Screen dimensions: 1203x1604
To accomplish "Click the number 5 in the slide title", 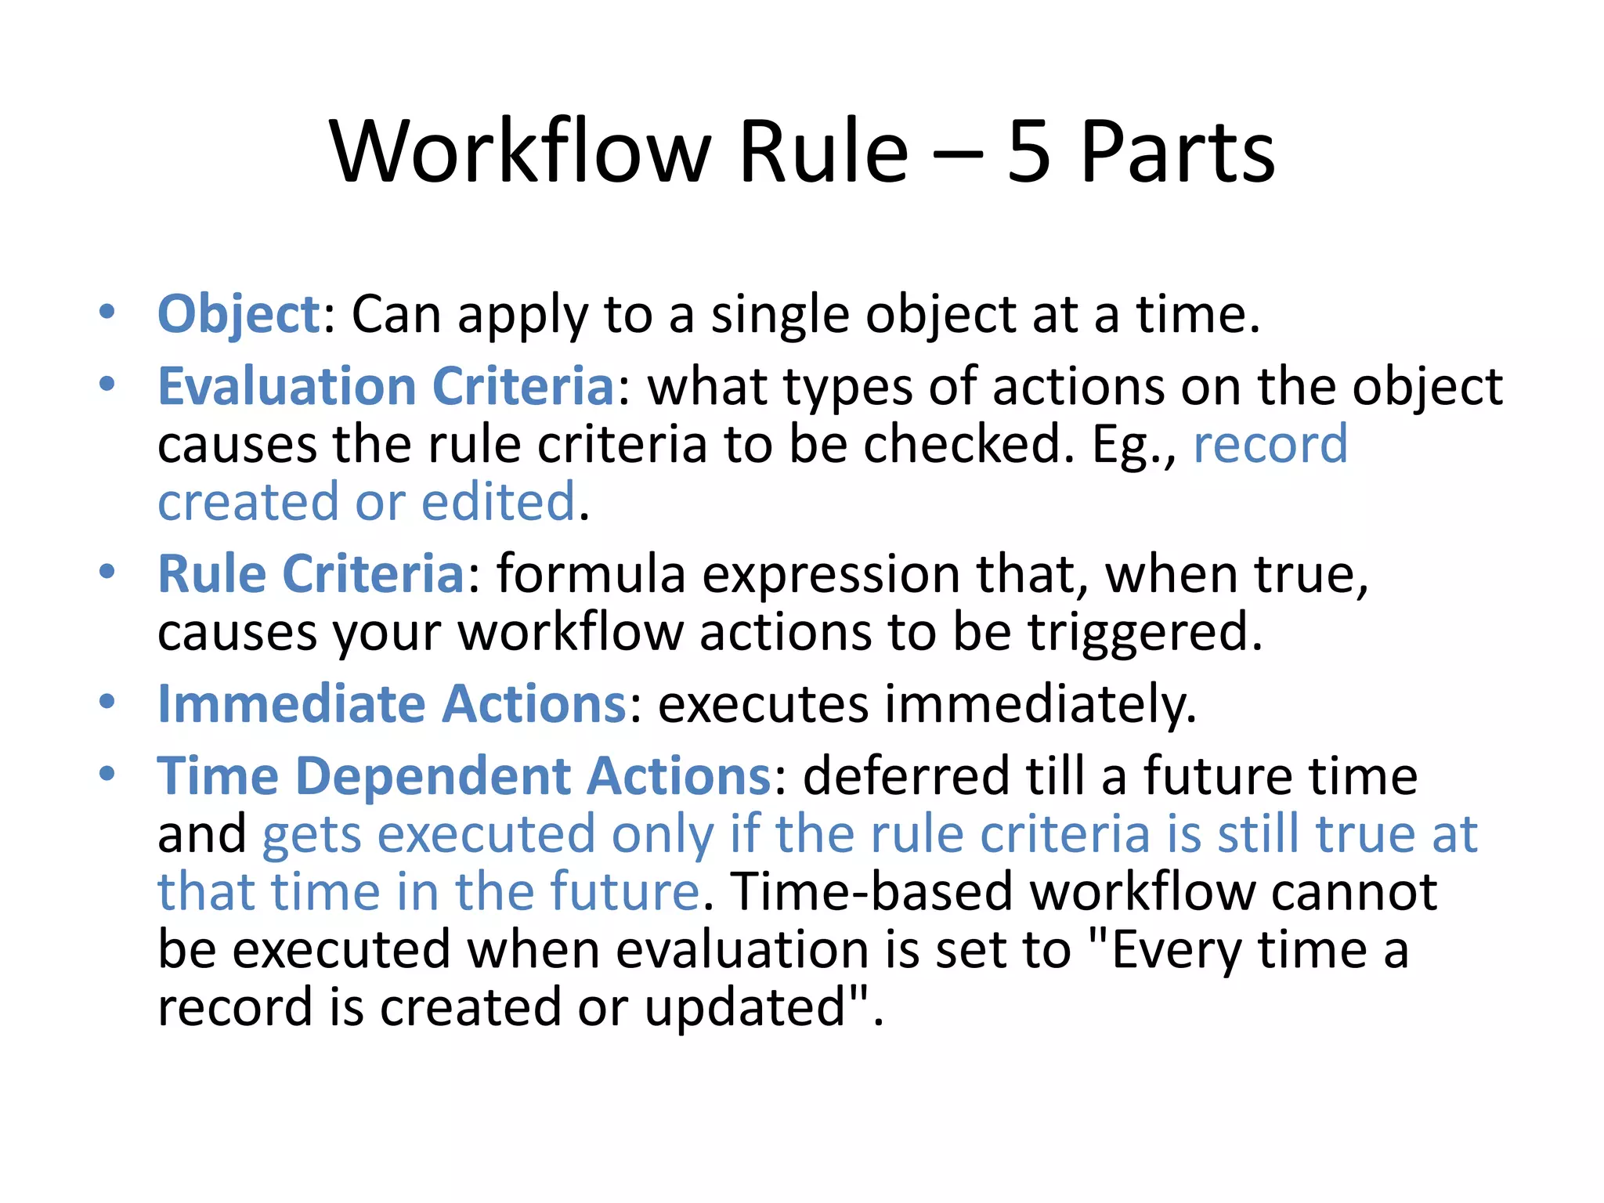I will tap(1028, 152).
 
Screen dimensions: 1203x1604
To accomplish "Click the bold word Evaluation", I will tap(287, 386).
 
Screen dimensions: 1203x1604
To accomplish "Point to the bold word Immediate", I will tap(291, 703).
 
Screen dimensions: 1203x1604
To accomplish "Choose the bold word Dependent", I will tap(433, 776).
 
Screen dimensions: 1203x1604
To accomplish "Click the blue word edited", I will tap(499, 502).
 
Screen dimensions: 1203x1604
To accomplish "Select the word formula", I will tap(591, 574).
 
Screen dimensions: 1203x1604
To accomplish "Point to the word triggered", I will tap(1145, 632).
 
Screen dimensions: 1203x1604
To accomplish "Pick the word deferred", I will tap(906, 776).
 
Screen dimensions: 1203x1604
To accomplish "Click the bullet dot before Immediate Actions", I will tap(107, 700).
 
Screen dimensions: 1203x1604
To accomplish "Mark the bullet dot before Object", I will tap(107, 312).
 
